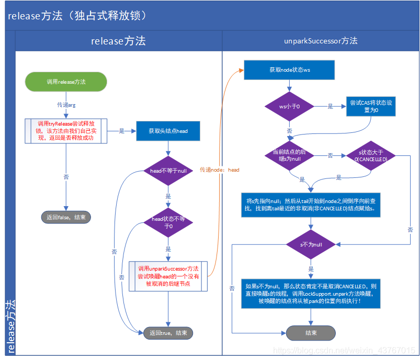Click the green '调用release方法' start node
[x=66, y=82]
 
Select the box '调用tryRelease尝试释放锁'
[x=66, y=131]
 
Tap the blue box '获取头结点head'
[x=168, y=131]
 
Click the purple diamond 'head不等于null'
[x=168, y=171]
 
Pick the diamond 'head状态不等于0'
[x=168, y=223]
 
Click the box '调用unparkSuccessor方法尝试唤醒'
[x=168, y=276]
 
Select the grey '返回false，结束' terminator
[x=66, y=217]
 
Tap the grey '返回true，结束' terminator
[x=168, y=333]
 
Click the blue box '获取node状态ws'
[x=289, y=70]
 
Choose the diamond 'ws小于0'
[x=289, y=106]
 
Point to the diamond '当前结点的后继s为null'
[x=289, y=155]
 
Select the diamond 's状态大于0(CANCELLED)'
[x=370, y=155]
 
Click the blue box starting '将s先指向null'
[x=311, y=204]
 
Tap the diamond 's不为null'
[x=311, y=244]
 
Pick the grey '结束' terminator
[x=311, y=333]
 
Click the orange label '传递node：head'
[x=220, y=170]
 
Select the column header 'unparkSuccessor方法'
[x=321, y=41]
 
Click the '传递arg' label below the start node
[x=66, y=105]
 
